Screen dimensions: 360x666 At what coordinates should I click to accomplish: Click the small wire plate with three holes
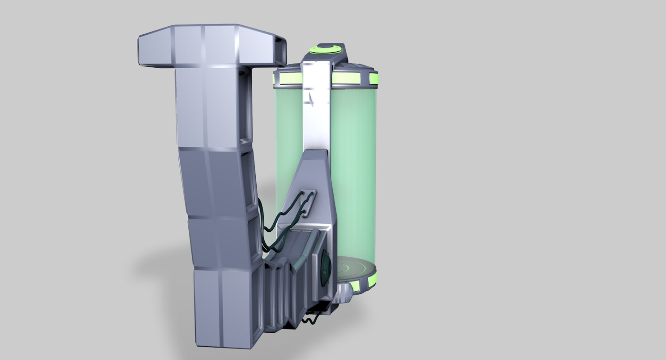(308, 203)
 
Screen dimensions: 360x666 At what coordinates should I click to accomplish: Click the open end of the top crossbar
(282, 52)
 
